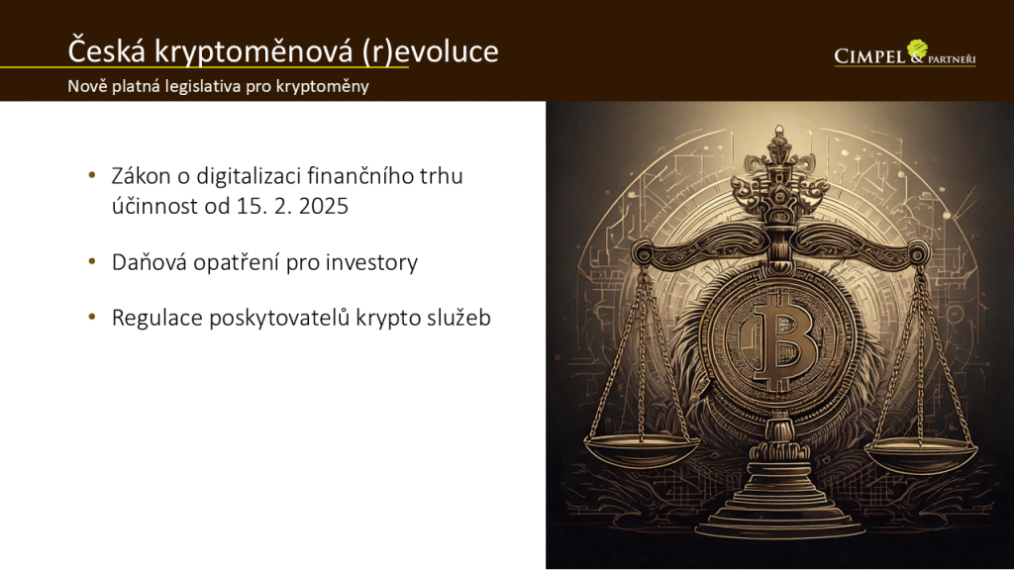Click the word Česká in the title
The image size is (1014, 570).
point(107,50)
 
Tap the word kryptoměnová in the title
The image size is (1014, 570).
point(253,51)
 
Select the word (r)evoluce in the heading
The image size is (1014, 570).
point(430,51)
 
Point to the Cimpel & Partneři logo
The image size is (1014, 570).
point(905,53)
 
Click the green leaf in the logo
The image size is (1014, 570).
point(917,48)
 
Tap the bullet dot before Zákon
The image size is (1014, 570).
point(92,175)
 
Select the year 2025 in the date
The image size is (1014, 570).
point(324,206)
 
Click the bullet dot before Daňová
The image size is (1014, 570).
point(92,261)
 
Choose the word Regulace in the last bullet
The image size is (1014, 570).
point(157,318)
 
